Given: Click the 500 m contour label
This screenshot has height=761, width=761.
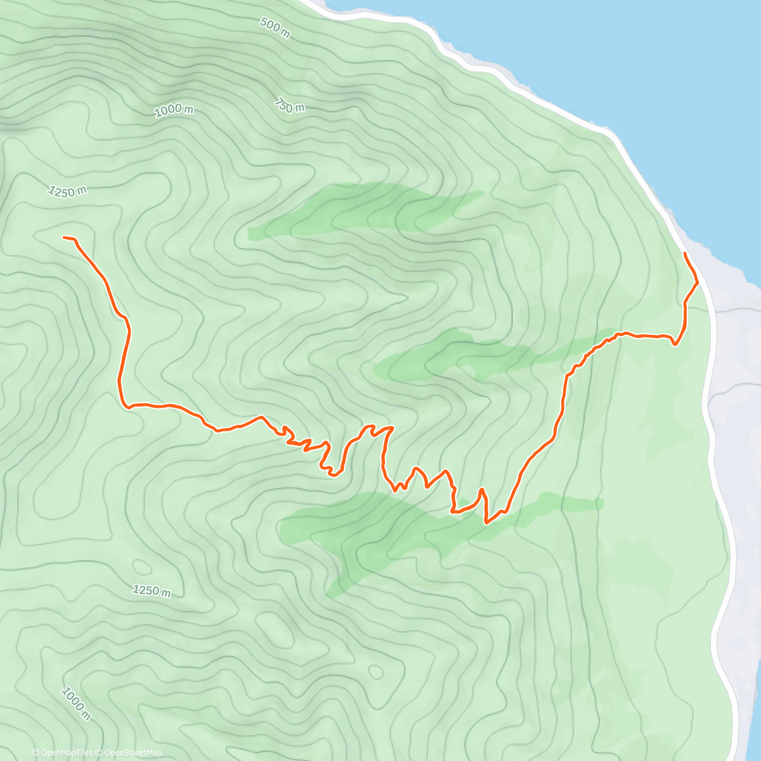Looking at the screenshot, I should pyautogui.click(x=274, y=28).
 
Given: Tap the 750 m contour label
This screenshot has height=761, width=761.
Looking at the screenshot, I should pyautogui.click(x=290, y=106).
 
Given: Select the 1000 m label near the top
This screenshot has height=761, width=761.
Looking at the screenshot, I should pyautogui.click(x=174, y=110).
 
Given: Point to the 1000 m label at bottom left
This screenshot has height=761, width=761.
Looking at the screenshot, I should pyautogui.click(x=75, y=703).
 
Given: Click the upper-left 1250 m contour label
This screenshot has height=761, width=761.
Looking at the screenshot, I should pyautogui.click(x=67, y=191).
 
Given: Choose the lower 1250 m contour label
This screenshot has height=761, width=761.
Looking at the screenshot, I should pyautogui.click(x=152, y=591).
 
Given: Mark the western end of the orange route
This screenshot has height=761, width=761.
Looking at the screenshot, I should pyautogui.click(x=64, y=237).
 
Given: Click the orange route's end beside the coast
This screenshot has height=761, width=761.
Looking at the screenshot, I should pyautogui.click(x=685, y=253).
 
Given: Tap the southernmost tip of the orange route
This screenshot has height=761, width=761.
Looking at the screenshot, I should pyautogui.click(x=486, y=523).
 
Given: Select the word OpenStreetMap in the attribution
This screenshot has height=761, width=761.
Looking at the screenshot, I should pyautogui.click(x=133, y=753).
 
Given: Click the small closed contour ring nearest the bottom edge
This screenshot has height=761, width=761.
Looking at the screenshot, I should pyautogui.click(x=375, y=671).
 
